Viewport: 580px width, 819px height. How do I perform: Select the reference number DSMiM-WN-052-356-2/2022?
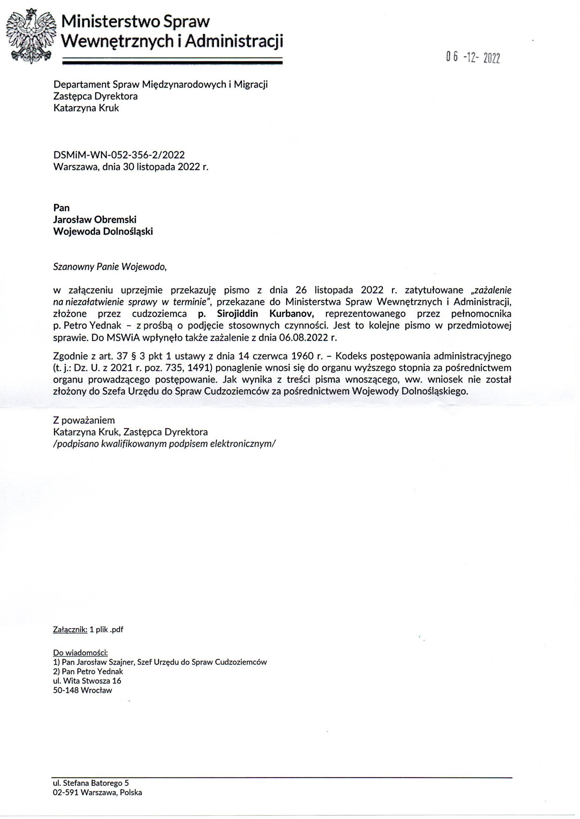(119, 155)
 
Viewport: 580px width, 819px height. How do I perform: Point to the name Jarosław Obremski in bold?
(95, 219)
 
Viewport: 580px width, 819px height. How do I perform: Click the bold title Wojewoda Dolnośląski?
(103, 232)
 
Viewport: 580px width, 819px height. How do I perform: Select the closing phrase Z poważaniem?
(84, 420)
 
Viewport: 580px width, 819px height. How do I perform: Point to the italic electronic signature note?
(164, 443)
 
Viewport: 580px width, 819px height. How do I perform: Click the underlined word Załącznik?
(70, 629)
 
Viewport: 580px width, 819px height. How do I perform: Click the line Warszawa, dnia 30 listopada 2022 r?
(130, 167)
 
